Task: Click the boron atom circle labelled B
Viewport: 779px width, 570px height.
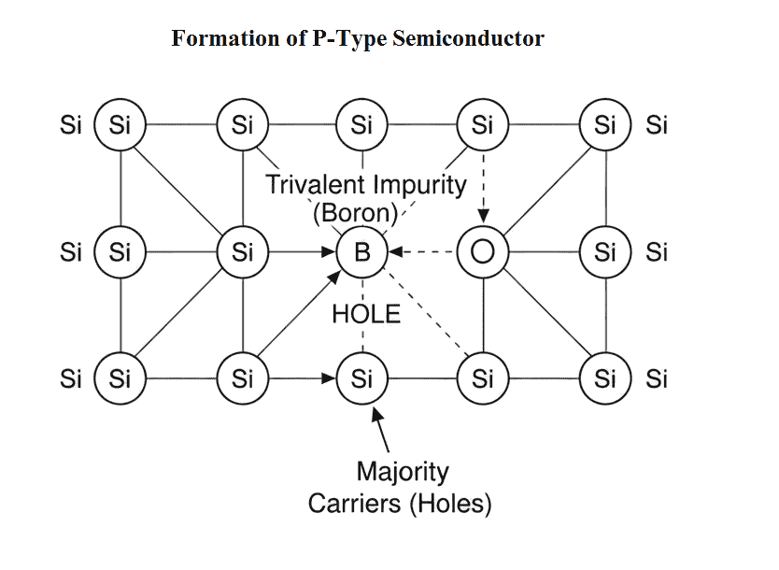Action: (362, 251)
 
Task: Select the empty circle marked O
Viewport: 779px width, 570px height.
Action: (482, 251)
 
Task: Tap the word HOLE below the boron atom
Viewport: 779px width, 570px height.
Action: (366, 314)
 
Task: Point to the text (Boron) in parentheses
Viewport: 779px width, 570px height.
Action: (355, 211)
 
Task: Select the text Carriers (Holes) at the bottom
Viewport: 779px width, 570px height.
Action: (400, 504)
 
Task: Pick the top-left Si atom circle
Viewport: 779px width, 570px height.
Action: (120, 124)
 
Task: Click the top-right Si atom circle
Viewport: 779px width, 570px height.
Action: (605, 124)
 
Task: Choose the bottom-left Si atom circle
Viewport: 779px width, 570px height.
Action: (120, 378)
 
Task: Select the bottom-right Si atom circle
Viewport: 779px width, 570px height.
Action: (605, 378)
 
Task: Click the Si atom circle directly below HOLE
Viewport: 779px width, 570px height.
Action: (362, 378)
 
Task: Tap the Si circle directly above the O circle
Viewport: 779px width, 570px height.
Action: (482, 124)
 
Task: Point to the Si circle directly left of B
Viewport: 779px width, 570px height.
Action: (243, 251)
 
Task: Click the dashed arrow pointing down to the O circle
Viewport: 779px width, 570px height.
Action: (482, 187)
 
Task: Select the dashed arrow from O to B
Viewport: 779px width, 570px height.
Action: (423, 251)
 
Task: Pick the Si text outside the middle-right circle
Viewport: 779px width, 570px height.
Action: (658, 251)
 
